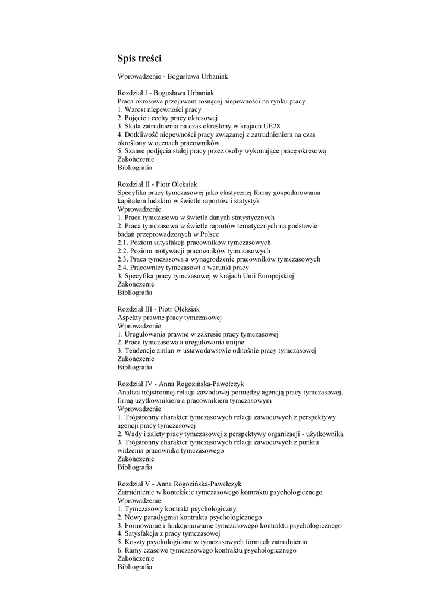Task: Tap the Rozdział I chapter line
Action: point(165,93)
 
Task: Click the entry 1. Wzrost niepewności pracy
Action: point(159,109)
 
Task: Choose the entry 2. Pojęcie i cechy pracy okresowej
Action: point(168,118)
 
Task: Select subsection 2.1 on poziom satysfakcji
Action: point(194,243)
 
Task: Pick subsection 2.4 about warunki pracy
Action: point(183,268)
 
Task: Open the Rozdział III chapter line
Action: point(159,309)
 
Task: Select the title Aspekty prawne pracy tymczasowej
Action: point(169,318)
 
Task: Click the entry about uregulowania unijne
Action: point(181,343)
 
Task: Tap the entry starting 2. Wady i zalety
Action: point(230,434)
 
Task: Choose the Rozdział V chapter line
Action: point(179,484)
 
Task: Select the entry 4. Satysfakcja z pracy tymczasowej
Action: point(169,534)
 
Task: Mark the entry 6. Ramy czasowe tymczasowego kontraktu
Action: point(206,551)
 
